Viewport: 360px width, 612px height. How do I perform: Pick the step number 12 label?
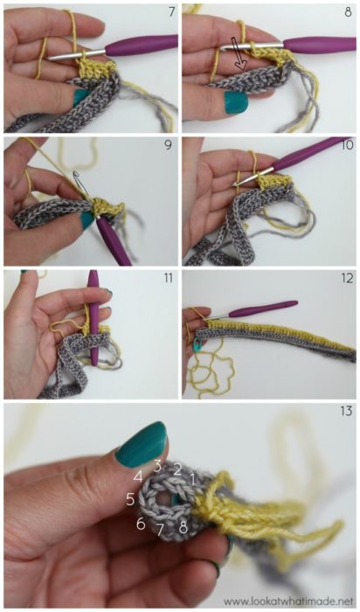point(346,277)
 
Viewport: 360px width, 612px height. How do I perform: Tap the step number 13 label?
point(346,412)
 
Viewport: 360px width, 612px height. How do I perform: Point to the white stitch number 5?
point(130,500)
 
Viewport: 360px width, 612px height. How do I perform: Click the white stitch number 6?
point(140,524)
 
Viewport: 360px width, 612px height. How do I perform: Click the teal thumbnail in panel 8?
point(235,102)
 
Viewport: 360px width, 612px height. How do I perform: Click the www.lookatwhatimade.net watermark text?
point(287,601)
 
